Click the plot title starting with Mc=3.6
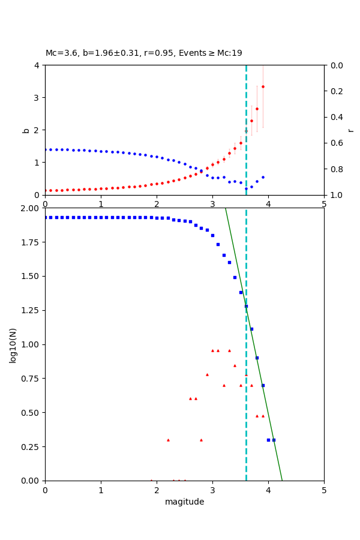(x=144, y=53)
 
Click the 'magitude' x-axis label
(x=184, y=502)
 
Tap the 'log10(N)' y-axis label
(x=13, y=344)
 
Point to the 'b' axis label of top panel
(x=26, y=130)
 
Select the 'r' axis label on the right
(x=350, y=130)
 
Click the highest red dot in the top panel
(x=263, y=86)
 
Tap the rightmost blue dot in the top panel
(x=263, y=177)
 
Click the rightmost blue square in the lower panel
(x=274, y=440)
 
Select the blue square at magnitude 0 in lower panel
(x=45, y=217)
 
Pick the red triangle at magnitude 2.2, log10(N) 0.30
(x=168, y=440)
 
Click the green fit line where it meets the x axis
(x=282, y=480)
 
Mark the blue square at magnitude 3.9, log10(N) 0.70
(x=263, y=385)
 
